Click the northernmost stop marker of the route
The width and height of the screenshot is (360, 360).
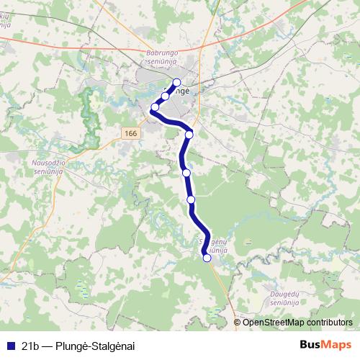click(x=176, y=82)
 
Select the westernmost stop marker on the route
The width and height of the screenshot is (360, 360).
click(x=154, y=107)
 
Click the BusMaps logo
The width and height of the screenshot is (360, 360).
click(x=325, y=345)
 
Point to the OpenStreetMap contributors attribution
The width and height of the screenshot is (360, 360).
click(x=297, y=323)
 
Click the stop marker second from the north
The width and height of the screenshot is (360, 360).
click(x=165, y=96)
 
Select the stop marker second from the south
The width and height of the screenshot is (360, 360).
click(x=191, y=199)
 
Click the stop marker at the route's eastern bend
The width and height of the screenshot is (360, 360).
click(x=189, y=134)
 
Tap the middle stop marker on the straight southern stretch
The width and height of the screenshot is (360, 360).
click(x=186, y=173)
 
